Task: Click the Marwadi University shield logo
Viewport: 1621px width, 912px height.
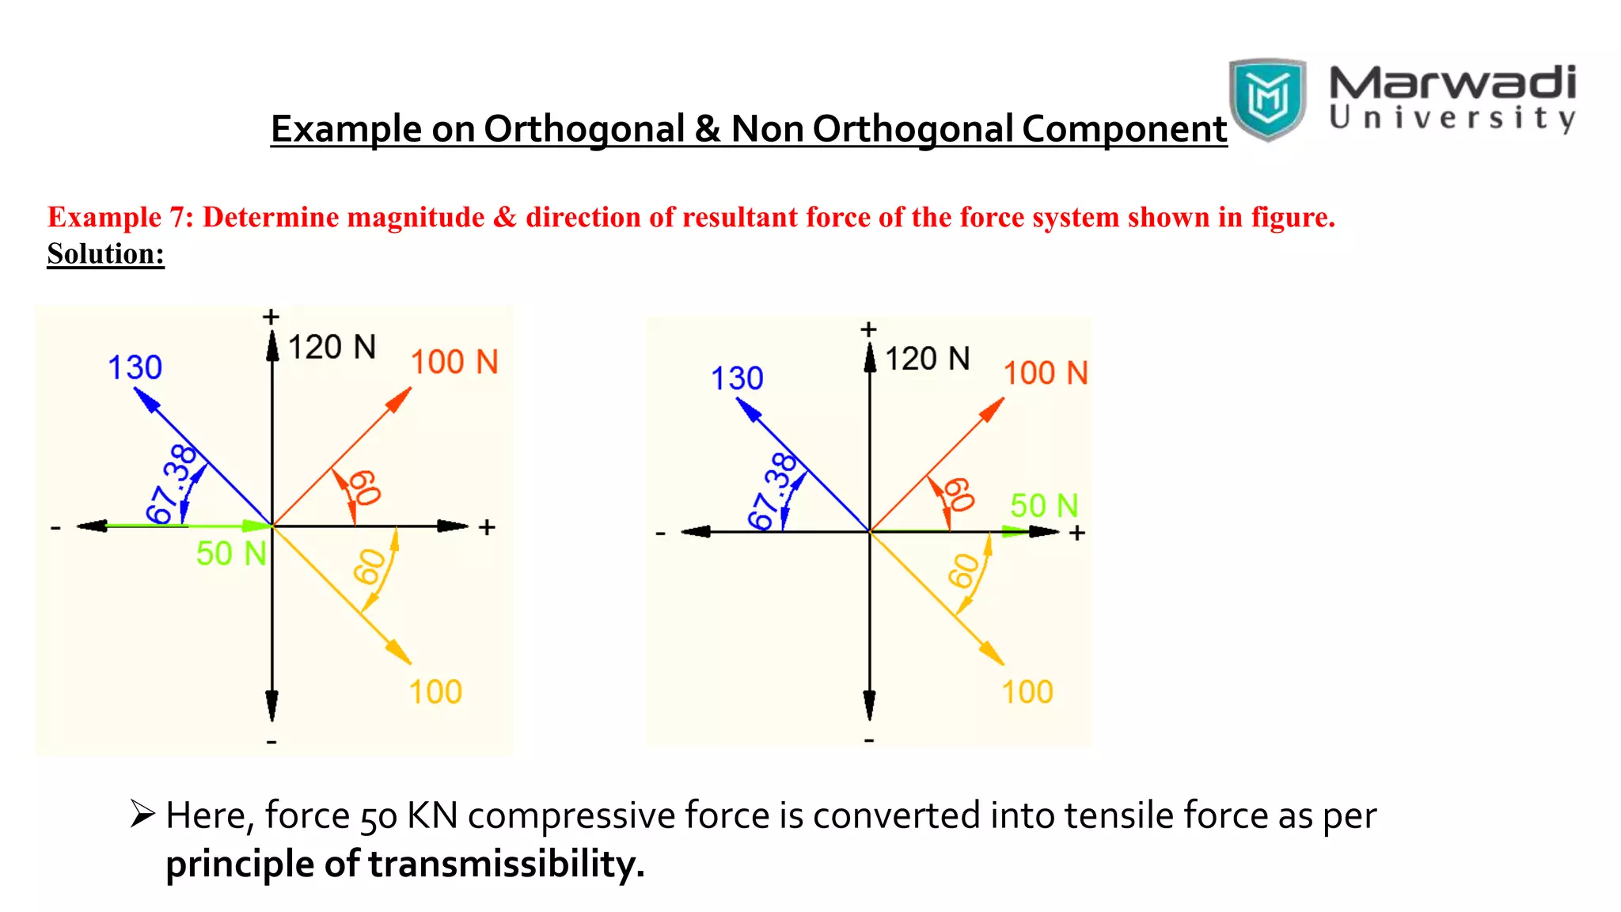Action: [1266, 98]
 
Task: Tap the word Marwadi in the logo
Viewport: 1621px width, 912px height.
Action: [1452, 82]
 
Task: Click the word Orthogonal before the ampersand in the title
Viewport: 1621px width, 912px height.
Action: [584, 129]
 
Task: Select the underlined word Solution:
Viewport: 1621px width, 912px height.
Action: [105, 254]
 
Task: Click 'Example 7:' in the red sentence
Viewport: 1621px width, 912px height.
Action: [120, 217]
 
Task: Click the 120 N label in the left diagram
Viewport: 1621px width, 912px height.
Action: [332, 348]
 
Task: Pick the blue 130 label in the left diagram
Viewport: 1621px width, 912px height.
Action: [135, 367]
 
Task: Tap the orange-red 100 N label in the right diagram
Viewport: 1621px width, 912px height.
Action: [1045, 373]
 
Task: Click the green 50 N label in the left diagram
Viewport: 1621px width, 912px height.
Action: [231, 553]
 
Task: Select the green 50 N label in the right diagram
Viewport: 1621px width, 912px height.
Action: [1043, 505]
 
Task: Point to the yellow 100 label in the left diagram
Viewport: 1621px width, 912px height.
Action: [435, 692]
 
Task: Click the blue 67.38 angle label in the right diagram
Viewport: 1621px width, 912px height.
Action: [773, 490]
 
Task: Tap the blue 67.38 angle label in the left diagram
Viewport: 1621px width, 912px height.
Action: [172, 484]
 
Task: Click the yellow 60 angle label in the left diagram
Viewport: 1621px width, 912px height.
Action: [370, 567]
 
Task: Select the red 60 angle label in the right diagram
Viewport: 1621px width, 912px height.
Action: [959, 494]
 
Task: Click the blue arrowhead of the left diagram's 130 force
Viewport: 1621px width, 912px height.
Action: [146, 399]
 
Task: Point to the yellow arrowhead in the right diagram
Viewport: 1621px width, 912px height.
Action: [993, 653]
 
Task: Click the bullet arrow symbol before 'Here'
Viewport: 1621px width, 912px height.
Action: [142, 813]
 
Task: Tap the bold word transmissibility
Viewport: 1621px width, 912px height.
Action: [506, 864]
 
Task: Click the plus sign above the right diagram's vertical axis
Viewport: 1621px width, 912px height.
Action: [868, 329]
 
